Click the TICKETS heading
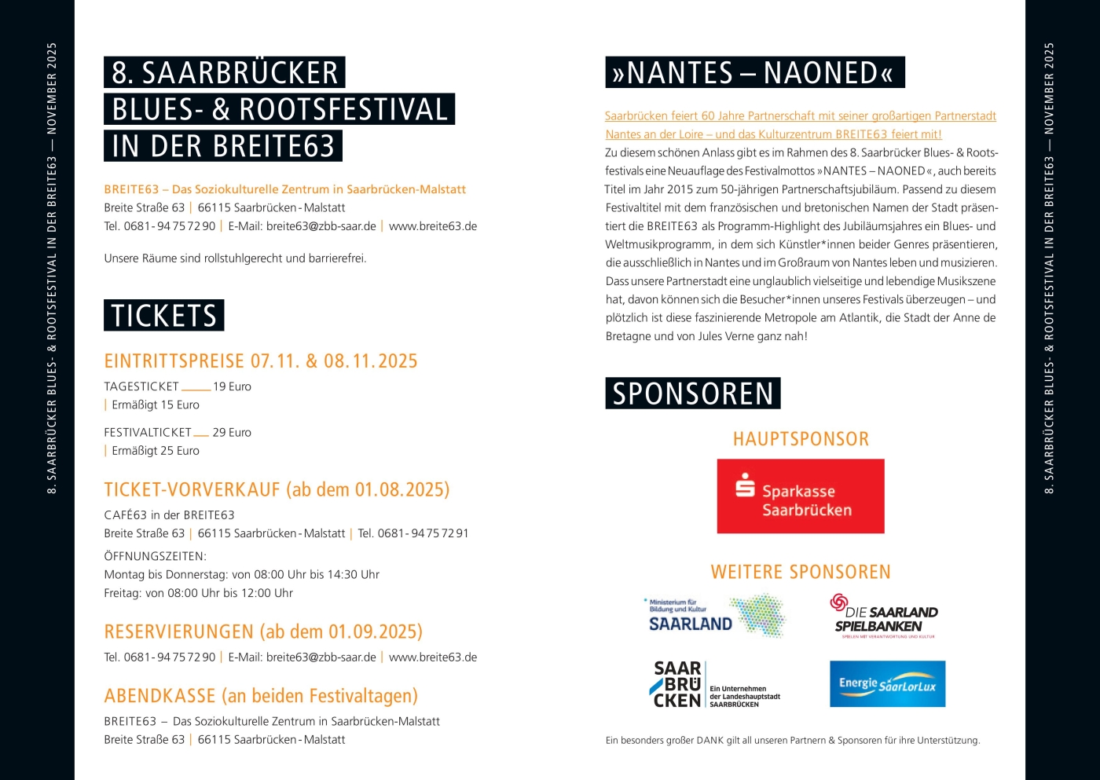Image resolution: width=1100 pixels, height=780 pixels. [163, 316]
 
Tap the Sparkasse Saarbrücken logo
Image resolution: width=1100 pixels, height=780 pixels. [800, 496]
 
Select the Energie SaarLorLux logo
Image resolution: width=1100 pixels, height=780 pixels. [887, 683]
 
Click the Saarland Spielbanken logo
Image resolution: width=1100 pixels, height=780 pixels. [885, 617]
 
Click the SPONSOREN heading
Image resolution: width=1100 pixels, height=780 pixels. [692, 394]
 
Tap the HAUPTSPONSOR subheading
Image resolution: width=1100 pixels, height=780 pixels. [801, 439]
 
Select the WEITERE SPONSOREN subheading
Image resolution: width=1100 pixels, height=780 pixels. [801, 572]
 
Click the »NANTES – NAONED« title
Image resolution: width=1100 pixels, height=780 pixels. [754, 72]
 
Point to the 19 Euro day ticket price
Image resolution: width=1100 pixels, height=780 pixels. [232, 386]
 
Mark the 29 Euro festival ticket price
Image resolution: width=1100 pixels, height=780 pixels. [232, 432]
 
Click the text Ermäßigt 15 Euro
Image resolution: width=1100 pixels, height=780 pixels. [156, 405]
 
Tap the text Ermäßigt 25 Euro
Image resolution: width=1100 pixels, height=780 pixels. [156, 450]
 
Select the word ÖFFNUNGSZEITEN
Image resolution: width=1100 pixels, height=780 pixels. [155, 556]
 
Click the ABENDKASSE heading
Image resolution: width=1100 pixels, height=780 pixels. [261, 696]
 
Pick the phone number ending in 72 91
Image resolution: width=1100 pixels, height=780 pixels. [413, 533]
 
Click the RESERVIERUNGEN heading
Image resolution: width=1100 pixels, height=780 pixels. [263, 632]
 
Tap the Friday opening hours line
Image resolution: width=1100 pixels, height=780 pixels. [198, 593]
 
